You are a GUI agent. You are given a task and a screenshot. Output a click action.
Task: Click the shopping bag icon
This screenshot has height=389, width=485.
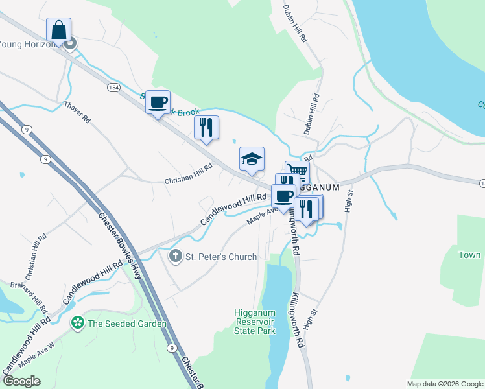point(58,30)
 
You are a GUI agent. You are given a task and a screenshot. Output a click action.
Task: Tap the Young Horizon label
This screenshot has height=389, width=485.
point(29,44)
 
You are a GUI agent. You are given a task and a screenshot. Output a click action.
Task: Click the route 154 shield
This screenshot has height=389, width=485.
point(114,88)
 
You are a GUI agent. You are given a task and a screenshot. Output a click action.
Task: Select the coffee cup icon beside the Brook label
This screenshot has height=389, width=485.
point(158,102)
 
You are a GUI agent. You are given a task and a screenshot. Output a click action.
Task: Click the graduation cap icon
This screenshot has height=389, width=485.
point(252,159)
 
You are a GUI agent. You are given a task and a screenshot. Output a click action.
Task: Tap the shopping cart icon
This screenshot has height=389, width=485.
point(297,172)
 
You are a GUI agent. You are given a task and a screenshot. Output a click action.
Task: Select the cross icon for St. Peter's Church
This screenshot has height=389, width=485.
point(175,257)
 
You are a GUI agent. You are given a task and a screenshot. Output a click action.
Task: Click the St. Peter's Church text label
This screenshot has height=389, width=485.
point(221,257)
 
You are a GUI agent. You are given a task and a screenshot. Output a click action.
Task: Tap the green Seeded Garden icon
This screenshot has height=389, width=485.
point(78,323)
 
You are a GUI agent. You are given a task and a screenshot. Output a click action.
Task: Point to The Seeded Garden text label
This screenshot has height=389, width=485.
point(127,324)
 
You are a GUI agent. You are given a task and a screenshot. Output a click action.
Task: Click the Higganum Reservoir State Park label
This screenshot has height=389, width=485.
point(255,322)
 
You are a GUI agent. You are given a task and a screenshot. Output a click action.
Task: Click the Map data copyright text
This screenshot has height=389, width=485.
point(444,384)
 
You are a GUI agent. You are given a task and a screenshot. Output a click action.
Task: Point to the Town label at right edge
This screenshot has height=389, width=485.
point(469,255)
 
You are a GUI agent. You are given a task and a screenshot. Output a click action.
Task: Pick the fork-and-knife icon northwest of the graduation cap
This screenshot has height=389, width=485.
point(206,127)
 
